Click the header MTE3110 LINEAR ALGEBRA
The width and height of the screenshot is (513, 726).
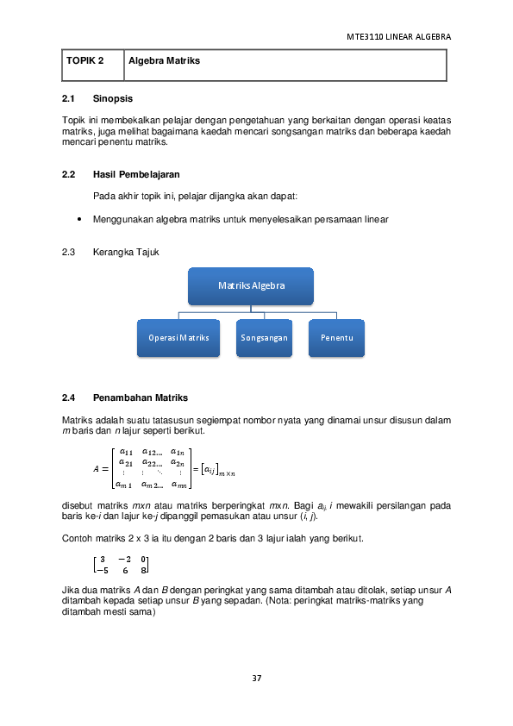(398, 37)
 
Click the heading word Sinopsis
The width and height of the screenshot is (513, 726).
(112, 98)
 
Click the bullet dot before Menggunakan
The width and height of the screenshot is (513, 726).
(79, 219)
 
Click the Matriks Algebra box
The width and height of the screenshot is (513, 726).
(251, 285)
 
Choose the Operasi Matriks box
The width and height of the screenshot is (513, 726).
(178, 338)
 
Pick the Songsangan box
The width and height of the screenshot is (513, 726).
(265, 338)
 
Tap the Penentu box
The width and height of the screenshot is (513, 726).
(337, 338)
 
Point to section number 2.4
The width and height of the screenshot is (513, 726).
(70, 397)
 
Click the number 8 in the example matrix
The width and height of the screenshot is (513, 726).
(144, 570)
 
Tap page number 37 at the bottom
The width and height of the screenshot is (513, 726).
(256, 678)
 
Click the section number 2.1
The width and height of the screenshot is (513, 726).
(70, 98)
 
